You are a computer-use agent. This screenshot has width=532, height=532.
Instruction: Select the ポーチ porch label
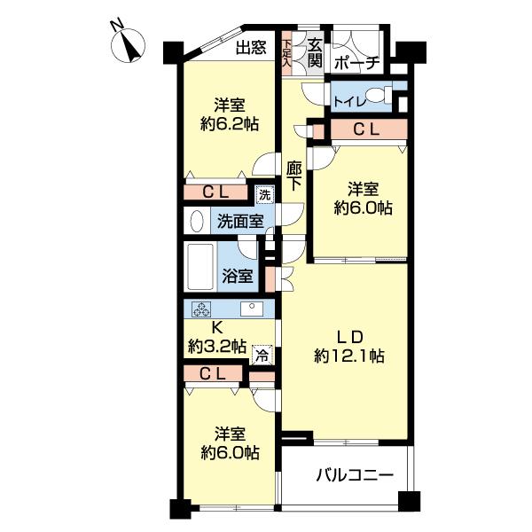pyautogui.click(x=358, y=62)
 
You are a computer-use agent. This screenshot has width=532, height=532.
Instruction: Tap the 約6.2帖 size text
pyautogui.click(x=229, y=124)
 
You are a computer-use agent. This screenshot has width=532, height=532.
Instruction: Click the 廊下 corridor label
pyautogui.click(x=295, y=175)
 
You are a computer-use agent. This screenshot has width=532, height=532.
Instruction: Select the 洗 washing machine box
pyautogui.click(x=263, y=194)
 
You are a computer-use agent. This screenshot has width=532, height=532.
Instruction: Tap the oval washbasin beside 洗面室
pyautogui.click(x=195, y=220)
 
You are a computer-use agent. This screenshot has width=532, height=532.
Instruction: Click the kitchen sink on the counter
pyautogui.click(x=253, y=309)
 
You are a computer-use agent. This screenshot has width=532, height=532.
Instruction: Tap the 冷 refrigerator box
pyautogui.click(x=262, y=355)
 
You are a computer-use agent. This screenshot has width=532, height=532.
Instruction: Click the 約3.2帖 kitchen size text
pyautogui.click(x=216, y=347)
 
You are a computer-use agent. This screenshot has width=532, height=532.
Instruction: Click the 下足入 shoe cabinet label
pyautogui.click(x=286, y=52)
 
